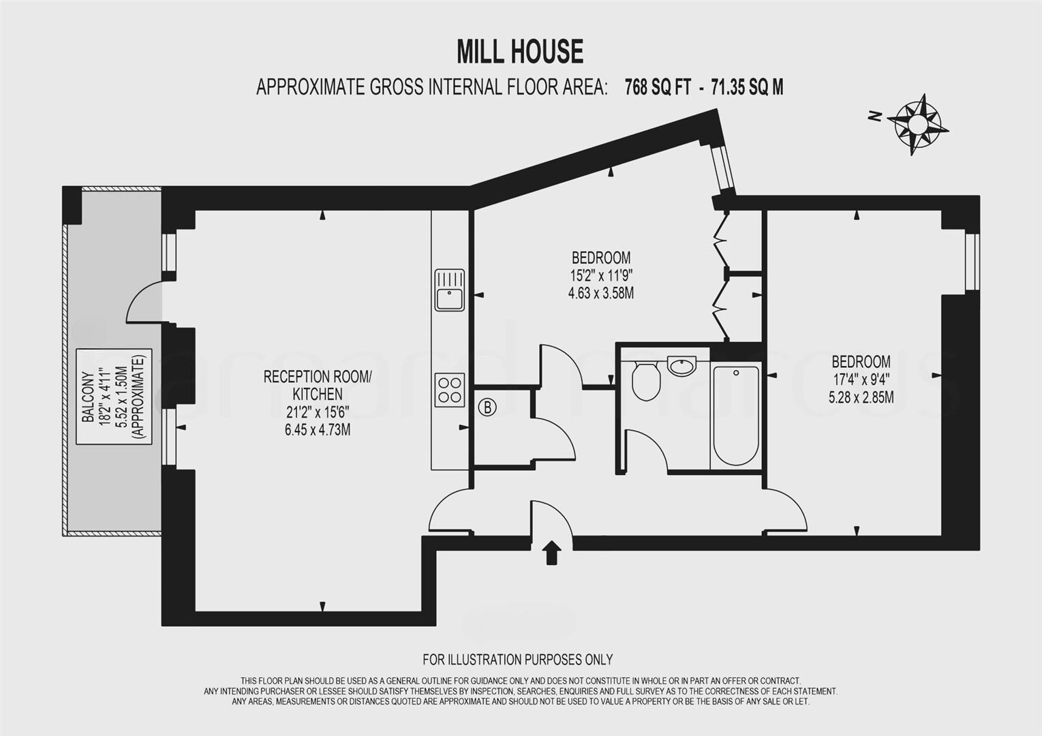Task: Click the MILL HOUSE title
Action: [x=520, y=52]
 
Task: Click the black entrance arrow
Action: [x=551, y=552]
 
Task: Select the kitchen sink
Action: [x=449, y=290]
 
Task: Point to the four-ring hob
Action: [x=450, y=390]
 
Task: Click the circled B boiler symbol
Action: [x=487, y=408]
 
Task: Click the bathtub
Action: [x=735, y=414]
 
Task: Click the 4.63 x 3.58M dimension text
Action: [x=600, y=294]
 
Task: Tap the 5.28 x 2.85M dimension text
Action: [x=861, y=397]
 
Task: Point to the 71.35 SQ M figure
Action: [x=747, y=87]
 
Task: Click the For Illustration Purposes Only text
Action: [x=517, y=659]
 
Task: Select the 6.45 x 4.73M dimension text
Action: [x=318, y=430]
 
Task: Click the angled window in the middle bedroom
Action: [x=722, y=167]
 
